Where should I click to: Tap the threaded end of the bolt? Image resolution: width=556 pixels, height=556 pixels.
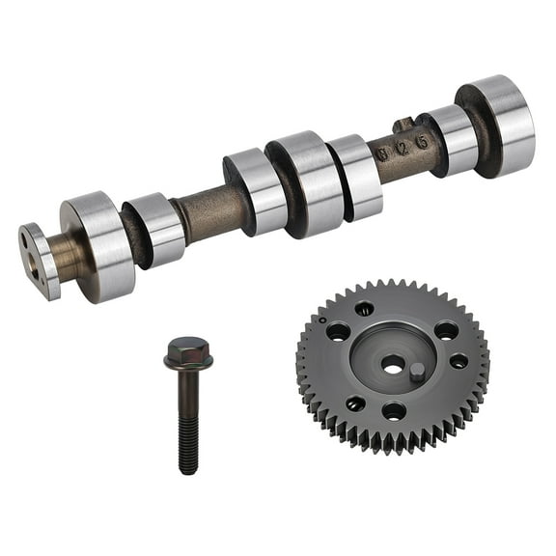click(188, 454)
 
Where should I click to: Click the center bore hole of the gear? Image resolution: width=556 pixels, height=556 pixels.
click(392, 365)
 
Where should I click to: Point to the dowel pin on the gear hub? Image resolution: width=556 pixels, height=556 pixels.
click(416, 372)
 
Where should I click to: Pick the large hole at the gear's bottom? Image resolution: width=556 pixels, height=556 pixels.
click(394, 411)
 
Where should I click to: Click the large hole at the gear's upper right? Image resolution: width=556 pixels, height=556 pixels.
click(445, 330)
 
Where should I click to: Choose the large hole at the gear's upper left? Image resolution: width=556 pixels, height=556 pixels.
click(338, 331)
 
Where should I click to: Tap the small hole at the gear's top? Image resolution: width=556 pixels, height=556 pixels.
click(364, 309)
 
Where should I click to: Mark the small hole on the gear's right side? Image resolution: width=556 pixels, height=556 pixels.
click(459, 361)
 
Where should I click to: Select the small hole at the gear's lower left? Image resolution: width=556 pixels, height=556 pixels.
click(355, 403)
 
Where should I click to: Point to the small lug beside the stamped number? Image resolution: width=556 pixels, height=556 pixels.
click(403, 124)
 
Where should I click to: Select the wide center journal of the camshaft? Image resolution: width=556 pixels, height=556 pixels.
click(308, 183)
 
